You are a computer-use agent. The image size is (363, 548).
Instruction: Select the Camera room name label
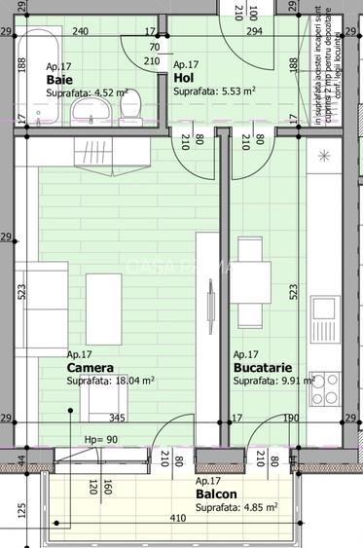(90, 369)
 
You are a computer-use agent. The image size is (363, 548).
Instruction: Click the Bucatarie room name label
(261, 369)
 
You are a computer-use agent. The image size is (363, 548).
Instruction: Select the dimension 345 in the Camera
(116, 420)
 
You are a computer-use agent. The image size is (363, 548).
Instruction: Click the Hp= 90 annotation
(100, 439)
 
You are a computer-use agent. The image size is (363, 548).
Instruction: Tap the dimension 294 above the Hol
(254, 32)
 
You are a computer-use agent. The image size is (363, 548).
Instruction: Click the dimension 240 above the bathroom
(80, 32)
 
